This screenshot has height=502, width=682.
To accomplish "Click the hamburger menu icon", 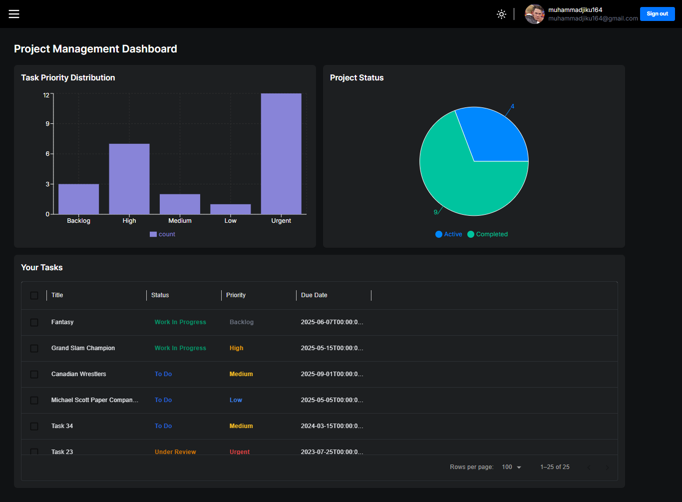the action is click(14, 13).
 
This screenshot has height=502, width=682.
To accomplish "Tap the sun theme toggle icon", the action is click(501, 14).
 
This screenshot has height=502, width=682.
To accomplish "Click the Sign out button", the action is click(657, 13).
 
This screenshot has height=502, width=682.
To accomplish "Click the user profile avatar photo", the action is click(534, 13).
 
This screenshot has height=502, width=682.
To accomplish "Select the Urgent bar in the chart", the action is click(281, 153).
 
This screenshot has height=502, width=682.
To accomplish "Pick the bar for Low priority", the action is click(231, 209).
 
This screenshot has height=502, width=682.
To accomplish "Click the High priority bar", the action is click(129, 179).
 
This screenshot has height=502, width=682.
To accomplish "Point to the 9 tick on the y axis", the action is click(47, 124).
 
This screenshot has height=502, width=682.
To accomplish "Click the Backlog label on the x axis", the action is click(78, 221).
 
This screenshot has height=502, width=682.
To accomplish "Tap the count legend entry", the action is click(162, 234).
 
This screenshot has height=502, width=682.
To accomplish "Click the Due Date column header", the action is click(314, 295).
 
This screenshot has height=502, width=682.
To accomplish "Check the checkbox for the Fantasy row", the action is click(34, 322).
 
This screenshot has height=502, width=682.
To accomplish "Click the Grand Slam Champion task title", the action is click(83, 348).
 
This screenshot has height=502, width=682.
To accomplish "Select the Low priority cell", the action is click(236, 400).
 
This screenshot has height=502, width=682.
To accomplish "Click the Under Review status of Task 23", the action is click(175, 452).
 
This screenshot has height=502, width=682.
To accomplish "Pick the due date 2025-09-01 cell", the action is click(332, 374).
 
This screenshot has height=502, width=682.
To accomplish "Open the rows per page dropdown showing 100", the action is click(511, 467).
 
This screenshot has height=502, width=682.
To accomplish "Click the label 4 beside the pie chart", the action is click(512, 106).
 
